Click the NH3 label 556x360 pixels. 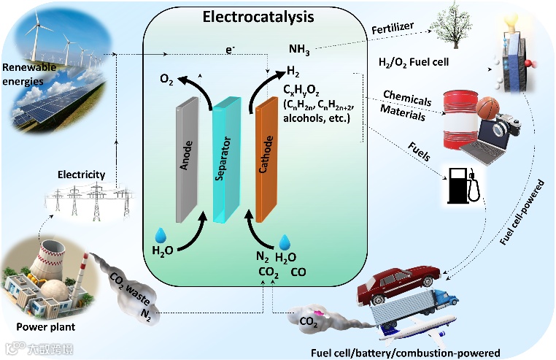point(299,50)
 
